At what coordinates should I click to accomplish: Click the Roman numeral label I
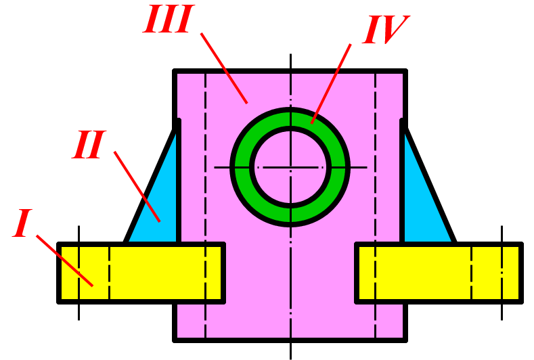23,224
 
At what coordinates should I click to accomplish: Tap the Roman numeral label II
89,145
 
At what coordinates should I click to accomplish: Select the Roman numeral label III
169,21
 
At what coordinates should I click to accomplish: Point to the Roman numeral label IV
384,31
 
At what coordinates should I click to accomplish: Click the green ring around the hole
290,118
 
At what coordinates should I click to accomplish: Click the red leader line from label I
64,261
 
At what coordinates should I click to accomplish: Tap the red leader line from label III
224,68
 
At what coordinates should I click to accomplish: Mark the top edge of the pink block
290,70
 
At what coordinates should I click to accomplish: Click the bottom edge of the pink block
290,339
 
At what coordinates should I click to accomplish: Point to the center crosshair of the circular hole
290,166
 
